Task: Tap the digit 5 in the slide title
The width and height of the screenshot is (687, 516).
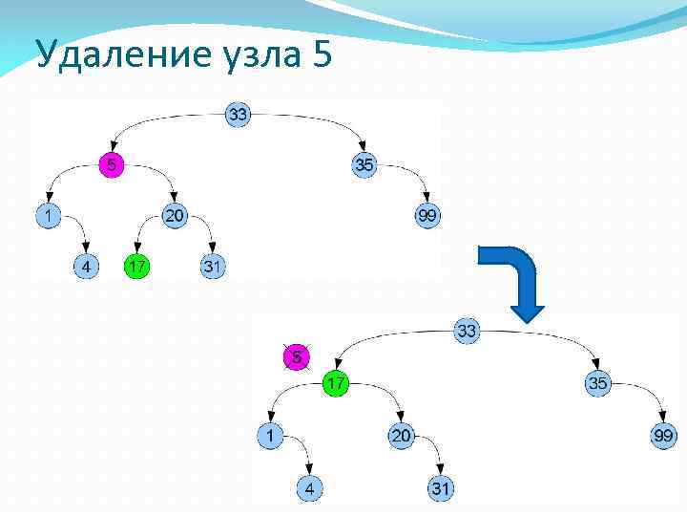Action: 322,55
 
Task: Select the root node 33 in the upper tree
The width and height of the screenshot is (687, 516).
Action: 238,115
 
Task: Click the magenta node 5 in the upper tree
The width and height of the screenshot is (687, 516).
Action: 112,165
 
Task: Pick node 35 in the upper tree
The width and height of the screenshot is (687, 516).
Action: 364,165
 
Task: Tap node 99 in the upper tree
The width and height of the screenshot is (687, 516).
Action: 427,216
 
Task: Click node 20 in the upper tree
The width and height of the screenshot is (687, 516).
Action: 175,216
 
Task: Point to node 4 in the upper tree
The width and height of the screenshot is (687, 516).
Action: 87,267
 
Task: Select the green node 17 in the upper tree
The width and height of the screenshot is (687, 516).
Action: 136,267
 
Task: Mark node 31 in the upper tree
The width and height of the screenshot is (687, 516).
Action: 213,267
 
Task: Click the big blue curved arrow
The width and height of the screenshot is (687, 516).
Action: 512,278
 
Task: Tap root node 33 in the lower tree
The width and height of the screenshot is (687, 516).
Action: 467,332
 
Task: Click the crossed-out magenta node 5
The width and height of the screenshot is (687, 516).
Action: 297,357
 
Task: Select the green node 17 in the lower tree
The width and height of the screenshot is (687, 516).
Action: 335,383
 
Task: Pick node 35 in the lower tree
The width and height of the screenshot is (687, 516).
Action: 597,383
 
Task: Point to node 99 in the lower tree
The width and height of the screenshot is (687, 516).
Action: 662,436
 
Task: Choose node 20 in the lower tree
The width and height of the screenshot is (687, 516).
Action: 401,436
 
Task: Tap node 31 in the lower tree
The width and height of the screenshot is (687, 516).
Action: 440,488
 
